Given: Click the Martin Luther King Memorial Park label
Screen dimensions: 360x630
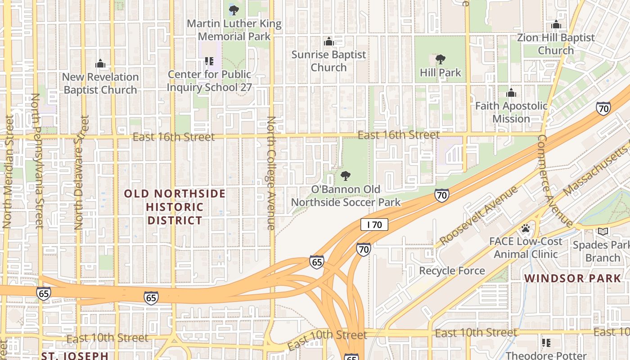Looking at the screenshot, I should pyautogui.click(x=234, y=30).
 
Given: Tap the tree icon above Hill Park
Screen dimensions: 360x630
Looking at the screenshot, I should pyautogui.click(x=441, y=59).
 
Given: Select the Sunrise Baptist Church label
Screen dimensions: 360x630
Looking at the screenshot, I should pyautogui.click(x=328, y=61).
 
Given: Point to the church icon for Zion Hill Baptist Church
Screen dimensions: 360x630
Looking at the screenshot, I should pyautogui.click(x=556, y=24).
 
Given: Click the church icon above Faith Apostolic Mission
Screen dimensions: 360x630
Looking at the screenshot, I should pyautogui.click(x=511, y=93).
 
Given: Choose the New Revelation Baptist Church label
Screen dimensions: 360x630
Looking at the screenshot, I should pyautogui.click(x=100, y=83).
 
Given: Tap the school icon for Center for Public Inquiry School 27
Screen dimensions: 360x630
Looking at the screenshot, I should pyautogui.click(x=209, y=61).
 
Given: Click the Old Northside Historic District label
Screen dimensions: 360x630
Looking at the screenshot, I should pyautogui.click(x=175, y=207).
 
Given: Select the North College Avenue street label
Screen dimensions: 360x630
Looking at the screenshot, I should pyautogui.click(x=271, y=173).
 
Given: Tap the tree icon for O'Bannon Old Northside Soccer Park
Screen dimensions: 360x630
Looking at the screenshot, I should pyautogui.click(x=346, y=176).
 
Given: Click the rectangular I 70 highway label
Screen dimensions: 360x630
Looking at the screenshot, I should pyautogui.click(x=374, y=225).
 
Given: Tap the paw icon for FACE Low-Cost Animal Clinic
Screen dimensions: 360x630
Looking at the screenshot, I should pyautogui.click(x=525, y=229).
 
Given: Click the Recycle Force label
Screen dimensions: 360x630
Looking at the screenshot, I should pyautogui.click(x=452, y=270).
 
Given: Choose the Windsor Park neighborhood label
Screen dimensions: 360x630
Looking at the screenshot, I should pyautogui.click(x=572, y=278).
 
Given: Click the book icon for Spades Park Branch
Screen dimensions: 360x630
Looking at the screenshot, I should pyautogui.click(x=603, y=231).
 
